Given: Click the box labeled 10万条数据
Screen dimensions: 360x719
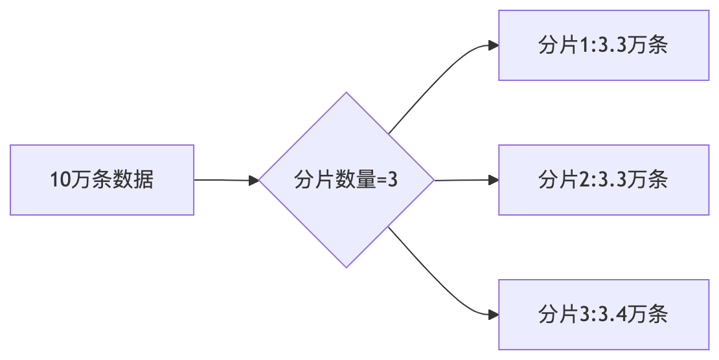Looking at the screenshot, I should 102,180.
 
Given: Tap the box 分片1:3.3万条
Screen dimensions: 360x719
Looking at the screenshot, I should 603,45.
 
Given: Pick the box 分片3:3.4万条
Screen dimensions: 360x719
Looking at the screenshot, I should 603,315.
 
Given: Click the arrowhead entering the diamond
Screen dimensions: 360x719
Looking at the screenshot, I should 254,180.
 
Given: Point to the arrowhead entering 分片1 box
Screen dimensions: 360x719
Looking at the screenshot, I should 494,45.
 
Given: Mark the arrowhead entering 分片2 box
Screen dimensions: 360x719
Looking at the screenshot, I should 494,180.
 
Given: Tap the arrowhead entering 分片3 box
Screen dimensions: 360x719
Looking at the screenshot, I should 494,315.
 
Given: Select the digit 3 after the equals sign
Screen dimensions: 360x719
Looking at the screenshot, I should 391,180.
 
